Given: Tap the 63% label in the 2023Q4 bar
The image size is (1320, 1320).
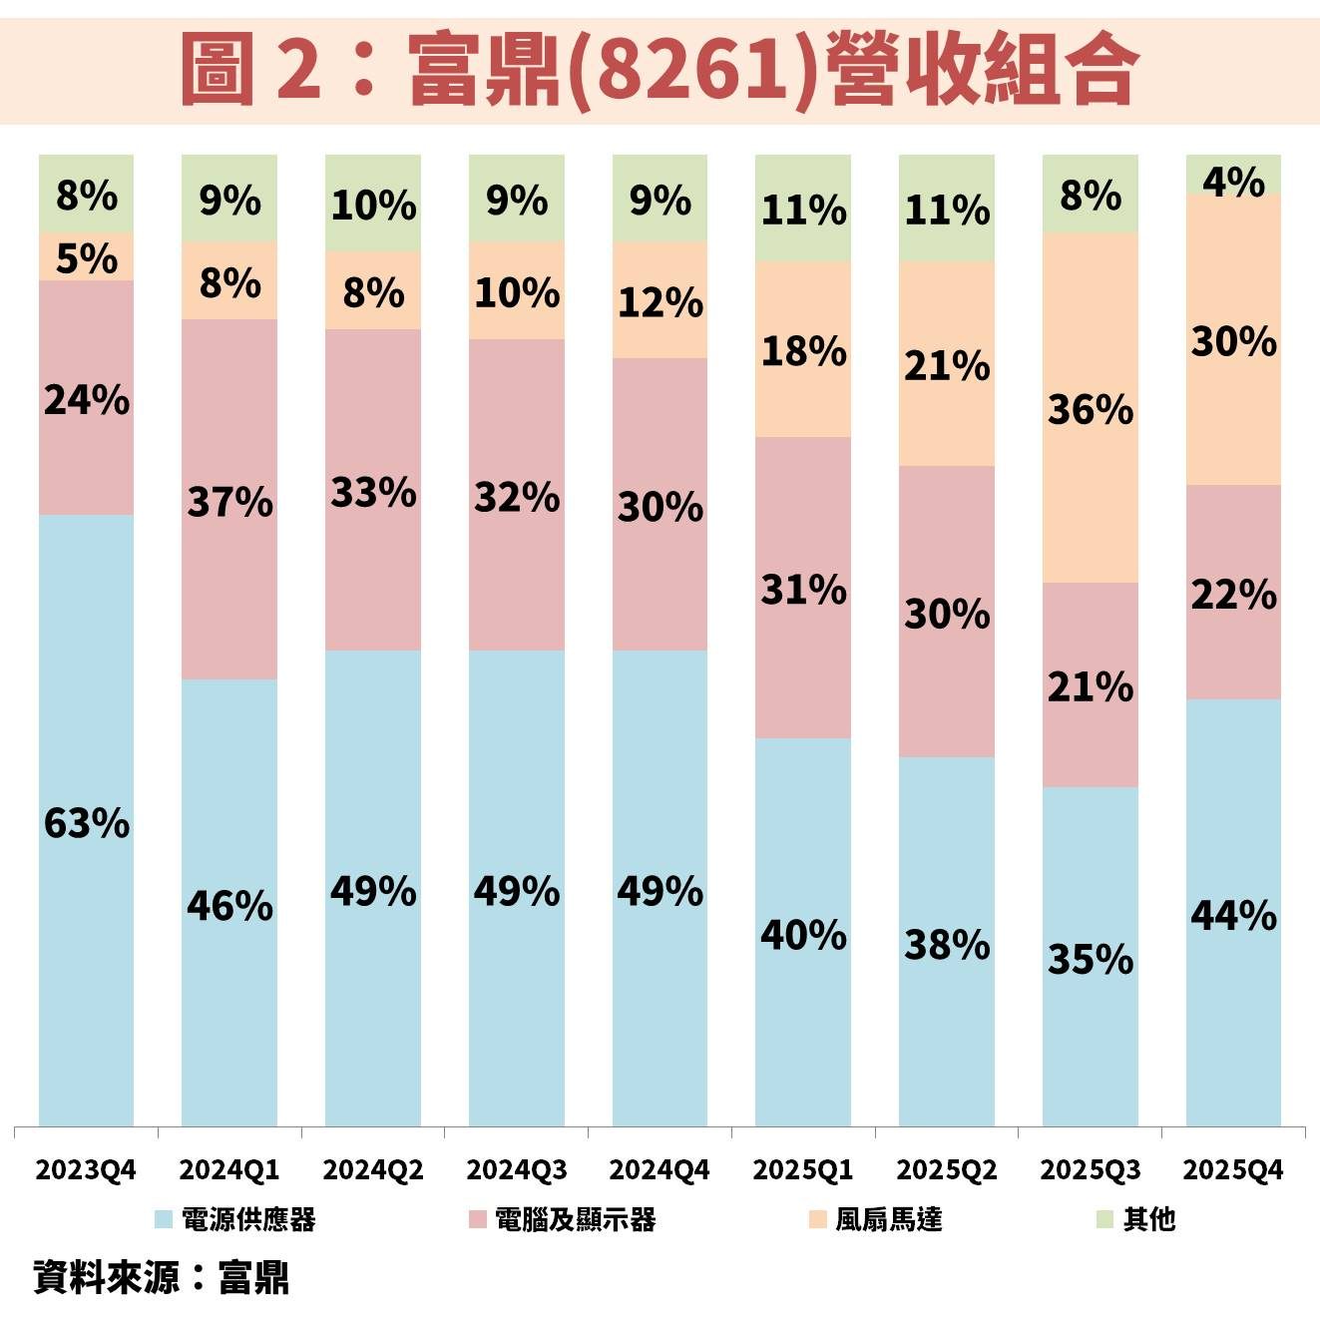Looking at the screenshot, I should click(x=87, y=824).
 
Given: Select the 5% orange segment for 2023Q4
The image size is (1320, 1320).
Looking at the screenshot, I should click(x=87, y=257).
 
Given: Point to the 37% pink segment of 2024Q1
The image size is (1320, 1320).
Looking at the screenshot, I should click(x=229, y=501).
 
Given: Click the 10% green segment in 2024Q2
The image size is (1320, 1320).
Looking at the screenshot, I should click(x=373, y=205).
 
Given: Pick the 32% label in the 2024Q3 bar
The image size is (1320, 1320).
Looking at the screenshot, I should click(x=517, y=496).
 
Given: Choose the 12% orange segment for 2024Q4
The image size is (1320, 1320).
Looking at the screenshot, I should click(x=660, y=301).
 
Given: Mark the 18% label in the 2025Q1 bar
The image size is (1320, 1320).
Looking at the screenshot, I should click(x=803, y=350).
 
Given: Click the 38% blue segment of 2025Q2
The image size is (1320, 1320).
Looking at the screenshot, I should click(x=947, y=944).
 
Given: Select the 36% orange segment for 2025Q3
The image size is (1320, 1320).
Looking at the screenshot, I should click(x=1091, y=409).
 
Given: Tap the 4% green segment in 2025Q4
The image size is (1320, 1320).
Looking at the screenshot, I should click(x=1233, y=181).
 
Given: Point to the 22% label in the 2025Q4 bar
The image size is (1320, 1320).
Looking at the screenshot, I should click(x=1233, y=595).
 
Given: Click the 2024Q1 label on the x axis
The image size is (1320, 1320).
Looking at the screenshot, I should click(x=229, y=1169).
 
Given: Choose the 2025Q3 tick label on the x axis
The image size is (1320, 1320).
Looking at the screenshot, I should click(x=1091, y=1169).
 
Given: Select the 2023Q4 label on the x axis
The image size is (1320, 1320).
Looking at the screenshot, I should click(x=86, y=1169).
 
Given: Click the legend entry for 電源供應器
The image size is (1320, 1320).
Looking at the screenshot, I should click(x=235, y=1219).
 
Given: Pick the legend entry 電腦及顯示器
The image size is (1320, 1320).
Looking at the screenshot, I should click(x=563, y=1219).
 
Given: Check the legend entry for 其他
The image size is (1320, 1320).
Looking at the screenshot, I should click(x=1136, y=1219).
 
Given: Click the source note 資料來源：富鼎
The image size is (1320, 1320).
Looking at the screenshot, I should click(x=162, y=1277).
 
